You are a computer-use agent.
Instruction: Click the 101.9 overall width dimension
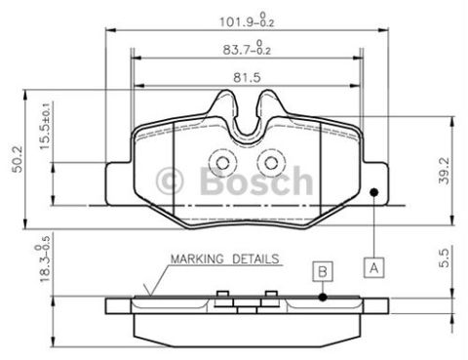point(247,20)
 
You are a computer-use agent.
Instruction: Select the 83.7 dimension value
point(247,48)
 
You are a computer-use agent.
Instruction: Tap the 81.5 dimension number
point(247,78)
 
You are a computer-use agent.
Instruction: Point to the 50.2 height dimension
point(18,159)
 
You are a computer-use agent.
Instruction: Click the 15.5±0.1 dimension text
point(46,127)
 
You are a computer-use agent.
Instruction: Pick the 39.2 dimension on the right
point(444,171)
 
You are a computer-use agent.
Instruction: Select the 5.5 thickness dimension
point(444,258)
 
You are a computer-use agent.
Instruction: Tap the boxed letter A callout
point(374,268)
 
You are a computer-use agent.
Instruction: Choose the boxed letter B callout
point(323,271)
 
